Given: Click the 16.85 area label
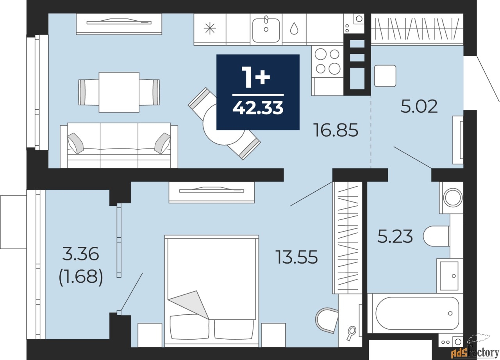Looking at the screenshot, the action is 336,130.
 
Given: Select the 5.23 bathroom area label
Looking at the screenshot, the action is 395,237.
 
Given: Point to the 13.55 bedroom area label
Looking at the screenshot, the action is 296,257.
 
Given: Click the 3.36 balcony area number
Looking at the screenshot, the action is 80,254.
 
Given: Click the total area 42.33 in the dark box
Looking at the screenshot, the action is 258,108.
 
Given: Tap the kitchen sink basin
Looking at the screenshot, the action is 266,30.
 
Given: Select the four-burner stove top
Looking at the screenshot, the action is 328,62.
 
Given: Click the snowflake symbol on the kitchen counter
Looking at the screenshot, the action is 210,29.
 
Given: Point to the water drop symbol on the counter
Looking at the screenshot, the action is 294,29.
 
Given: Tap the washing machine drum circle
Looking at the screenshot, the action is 453,198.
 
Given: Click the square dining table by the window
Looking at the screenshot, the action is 119,92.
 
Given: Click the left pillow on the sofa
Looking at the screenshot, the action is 75,143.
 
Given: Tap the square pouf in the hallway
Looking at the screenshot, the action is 385,76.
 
